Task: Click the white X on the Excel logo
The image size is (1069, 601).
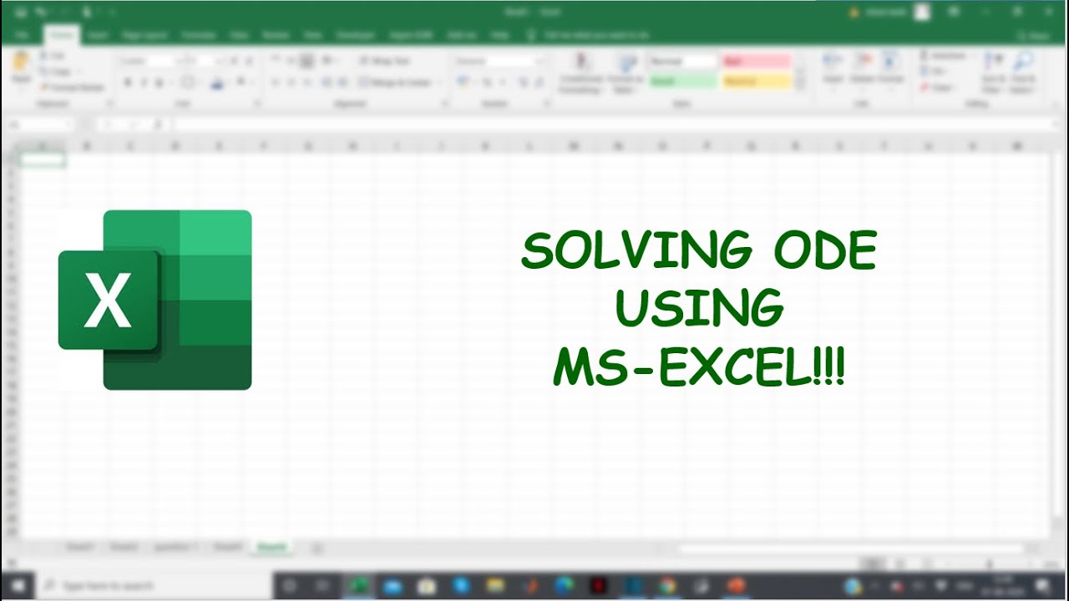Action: [x=108, y=300]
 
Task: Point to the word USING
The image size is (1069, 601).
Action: [x=699, y=309]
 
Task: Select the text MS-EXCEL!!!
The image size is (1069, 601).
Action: [x=699, y=367]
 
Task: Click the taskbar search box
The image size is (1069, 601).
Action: [x=150, y=585]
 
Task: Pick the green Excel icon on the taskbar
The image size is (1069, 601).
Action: [x=360, y=585]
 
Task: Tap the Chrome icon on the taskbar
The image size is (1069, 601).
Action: [x=666, y=585]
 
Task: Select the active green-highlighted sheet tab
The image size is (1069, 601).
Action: [x=272, y=548]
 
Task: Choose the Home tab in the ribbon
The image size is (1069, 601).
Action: [x=61, y=35]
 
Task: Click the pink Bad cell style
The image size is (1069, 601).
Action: [x=756, y=62]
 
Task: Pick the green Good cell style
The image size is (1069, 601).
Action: [x=682, y=82]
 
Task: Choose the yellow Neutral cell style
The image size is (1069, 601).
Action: [x=756, y=82]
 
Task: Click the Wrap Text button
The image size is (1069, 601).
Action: [x=385, y=61]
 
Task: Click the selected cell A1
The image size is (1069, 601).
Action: [x=41, y=160]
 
